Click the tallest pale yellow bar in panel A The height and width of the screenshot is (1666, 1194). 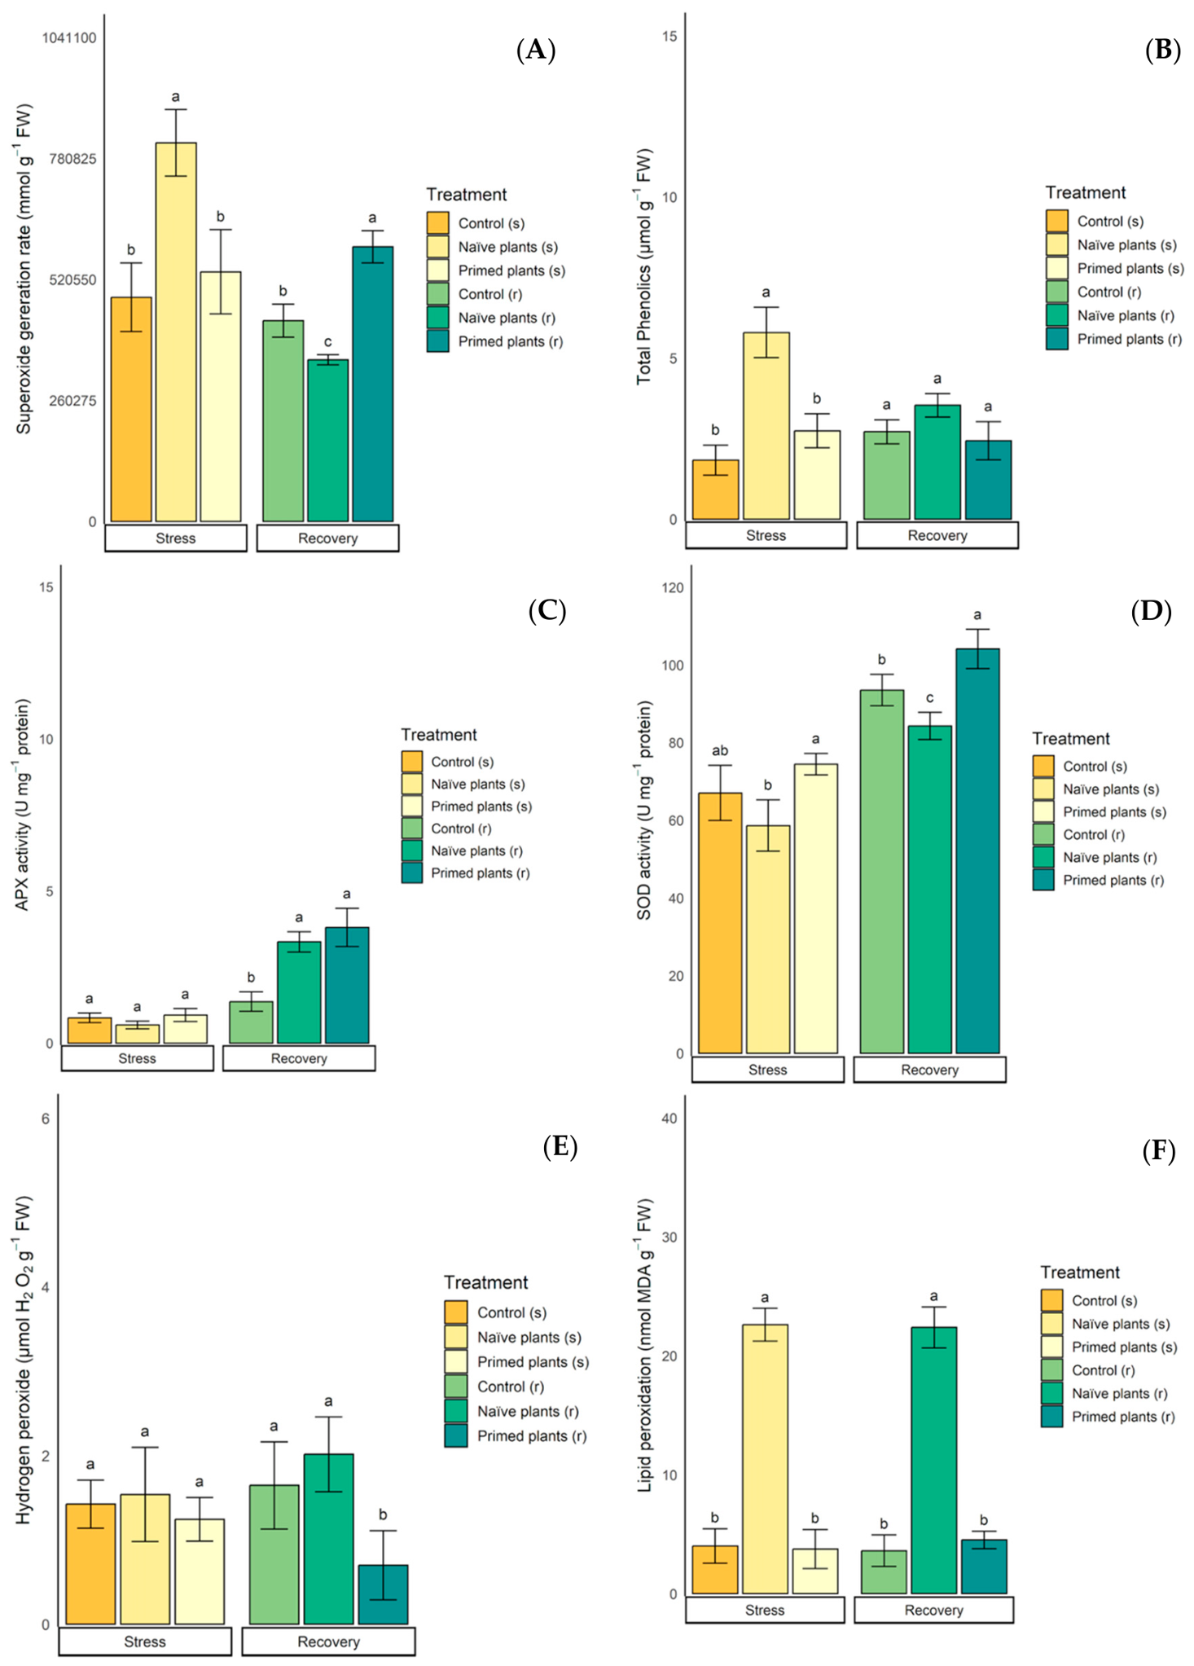click(x=176, y=332)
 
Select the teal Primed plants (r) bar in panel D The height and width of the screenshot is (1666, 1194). click(x=977, y=851)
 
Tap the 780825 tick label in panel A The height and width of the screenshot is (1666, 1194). click(x=72, y=159)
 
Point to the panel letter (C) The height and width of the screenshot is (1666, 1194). click(x=547, y=611)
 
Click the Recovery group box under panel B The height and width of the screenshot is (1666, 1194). click(x=937, y=535)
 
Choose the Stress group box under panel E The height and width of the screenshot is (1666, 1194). click(x=145, y=1642)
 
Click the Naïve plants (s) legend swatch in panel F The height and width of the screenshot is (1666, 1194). click(x=1051, y=1324)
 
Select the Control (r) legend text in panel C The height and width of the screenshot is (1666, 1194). click(x=461, y=829)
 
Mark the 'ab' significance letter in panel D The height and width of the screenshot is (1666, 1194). click(x=720, y=750)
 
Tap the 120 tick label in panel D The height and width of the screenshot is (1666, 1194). click(x=673, y=588)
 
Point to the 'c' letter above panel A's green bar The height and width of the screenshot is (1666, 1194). click(x=327, y=342)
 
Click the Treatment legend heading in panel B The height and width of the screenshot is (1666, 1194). click(x=1086, y=193)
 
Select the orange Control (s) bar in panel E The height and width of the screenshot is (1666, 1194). click(x=90, y=1563)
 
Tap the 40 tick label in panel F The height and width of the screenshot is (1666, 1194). click(x=669, y=1119)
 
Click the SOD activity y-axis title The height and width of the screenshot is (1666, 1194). click(x=644, y=810)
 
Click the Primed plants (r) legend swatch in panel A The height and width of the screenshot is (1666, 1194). click(x=437, y=341)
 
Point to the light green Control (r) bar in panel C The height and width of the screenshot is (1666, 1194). click(x=251, y=1022)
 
